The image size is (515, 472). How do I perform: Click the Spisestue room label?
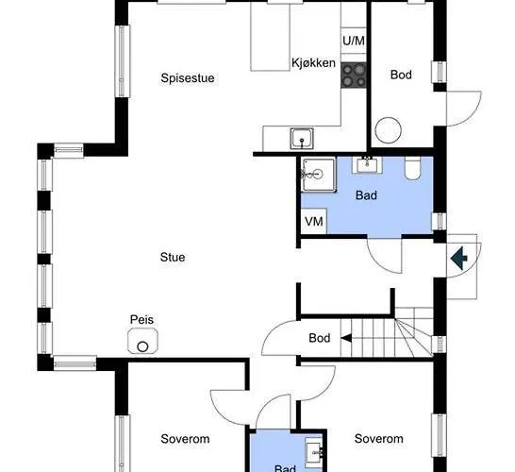point(188,78)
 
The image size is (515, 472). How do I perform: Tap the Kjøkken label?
point(314,63)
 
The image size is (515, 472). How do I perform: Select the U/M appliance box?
point(354,41)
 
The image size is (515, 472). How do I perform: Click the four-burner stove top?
point(354,76)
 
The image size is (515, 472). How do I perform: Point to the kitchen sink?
point(302,139)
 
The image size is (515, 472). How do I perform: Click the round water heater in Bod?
point(389,130)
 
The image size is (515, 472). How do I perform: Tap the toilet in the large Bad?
point(413,168)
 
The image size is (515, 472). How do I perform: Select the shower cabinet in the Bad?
point(318,175)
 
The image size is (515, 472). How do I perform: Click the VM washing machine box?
point(314,221)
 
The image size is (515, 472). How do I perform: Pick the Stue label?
point(173,257)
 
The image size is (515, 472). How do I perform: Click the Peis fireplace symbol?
point(142,341)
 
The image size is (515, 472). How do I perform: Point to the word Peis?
point(141,319)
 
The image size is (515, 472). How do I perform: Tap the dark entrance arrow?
point(458,259)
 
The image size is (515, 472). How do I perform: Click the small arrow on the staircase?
point(346,338)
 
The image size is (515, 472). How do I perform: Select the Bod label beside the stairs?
point(319,338)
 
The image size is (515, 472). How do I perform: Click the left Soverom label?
point(185,439)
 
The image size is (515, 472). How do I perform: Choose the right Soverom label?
point(378,438)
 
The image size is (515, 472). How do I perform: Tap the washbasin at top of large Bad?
point(367,164)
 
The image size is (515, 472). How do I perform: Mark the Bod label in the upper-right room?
point(401,75)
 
